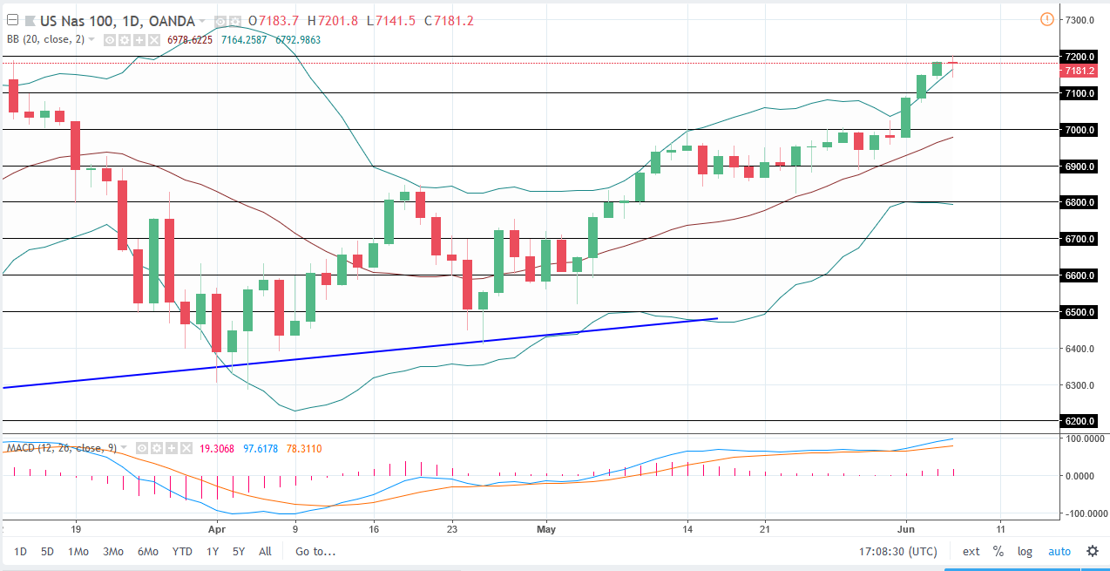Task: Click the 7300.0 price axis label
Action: (1080, 20)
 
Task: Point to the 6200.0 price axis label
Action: (1080, 421)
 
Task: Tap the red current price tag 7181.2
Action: (1080, 71)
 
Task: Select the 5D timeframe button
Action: (47, 551)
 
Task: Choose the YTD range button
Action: (182, 551)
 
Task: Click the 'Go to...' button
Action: (315, 551)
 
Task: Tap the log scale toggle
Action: (1025, 551)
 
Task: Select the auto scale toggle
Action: (1059, 551)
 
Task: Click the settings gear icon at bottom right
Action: (1092, 551)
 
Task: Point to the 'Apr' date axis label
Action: (217, 528)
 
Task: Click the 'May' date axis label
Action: (546, 528)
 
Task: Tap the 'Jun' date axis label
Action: (905, 528)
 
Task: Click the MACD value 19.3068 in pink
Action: (212, 448)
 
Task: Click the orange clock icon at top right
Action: (1047, 19)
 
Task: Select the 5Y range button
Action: (239, 551)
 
